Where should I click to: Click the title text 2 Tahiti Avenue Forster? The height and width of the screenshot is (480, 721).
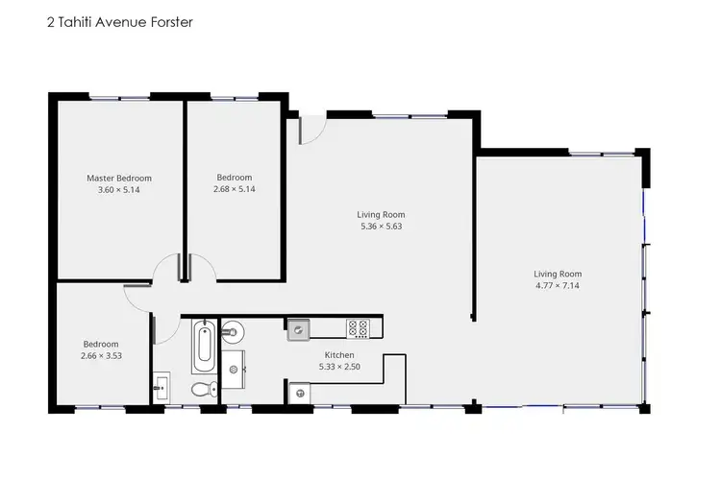click(x=119, y=21)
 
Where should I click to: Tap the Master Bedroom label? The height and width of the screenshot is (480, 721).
click(x=119, y=178)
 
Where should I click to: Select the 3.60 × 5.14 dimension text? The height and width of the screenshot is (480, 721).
click(x=119, y=190)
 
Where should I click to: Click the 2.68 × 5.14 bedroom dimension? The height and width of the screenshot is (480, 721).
click(x=234, y=190)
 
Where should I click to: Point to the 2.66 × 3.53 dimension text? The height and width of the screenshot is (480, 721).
click(x=101, y=356)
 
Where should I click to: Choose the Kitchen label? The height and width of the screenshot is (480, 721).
click(x=338, y=355)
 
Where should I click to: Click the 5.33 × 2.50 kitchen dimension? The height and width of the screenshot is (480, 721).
click(x=338, y=367)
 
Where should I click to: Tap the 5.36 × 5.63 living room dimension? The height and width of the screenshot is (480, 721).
click(x=381, y=227)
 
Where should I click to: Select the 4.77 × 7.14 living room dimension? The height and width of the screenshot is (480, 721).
click(x=558, y=285)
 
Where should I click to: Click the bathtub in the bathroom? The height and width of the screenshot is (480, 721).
click(x=203, y=348)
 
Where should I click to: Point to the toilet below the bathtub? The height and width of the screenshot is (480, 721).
click(x=201, y=390)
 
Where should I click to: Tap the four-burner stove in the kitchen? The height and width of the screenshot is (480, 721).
click(x=359, y=328)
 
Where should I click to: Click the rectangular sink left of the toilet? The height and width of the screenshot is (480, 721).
click(x=162, y=389)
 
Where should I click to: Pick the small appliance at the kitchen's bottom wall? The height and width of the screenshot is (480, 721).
click(x=300, y=392)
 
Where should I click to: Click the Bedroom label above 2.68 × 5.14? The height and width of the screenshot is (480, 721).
click(x=234, y=178)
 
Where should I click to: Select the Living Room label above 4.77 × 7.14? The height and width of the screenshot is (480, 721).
click(x=558, y=274)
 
